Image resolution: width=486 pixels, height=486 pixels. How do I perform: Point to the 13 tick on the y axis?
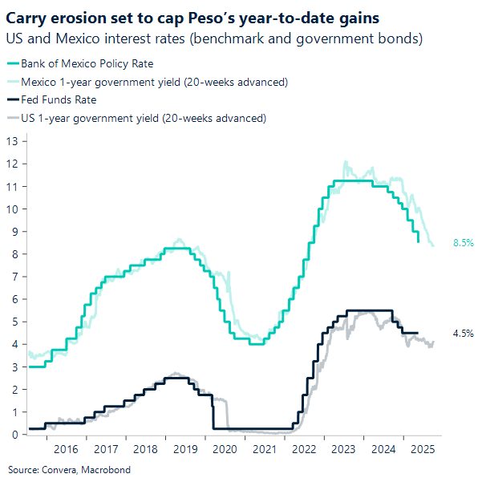[12, 141]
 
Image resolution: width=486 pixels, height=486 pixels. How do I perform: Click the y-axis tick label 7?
[15, 277]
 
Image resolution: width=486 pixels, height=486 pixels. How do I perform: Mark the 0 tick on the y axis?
[15, 435]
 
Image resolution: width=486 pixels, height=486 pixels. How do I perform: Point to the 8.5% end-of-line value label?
[462, 242]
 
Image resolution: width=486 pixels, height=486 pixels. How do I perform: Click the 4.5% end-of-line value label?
[462, 333]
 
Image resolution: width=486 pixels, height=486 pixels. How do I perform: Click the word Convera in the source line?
[63, 470]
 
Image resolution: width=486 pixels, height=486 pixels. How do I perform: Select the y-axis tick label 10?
[12, 209]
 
